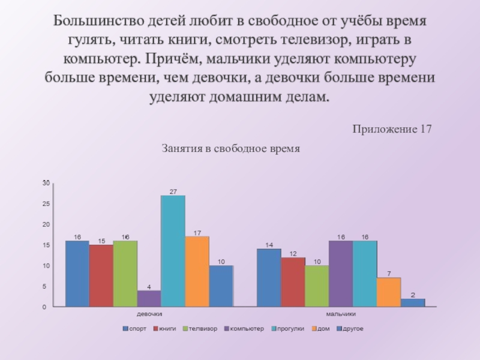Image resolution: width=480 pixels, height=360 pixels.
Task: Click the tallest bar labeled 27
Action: [173, 251]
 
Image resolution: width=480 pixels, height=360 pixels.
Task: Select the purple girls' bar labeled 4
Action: [149, 298]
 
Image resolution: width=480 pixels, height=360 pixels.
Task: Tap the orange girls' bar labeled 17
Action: [197, 271]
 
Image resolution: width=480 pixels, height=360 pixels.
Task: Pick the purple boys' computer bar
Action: [340, 274]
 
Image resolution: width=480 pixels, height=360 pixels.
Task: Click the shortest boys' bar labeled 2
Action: [413, 302]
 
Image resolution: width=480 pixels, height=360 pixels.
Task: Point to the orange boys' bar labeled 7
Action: [389, 292]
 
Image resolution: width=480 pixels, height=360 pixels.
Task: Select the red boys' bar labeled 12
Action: [293, 282]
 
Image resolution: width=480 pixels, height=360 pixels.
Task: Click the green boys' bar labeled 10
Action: [317, 286]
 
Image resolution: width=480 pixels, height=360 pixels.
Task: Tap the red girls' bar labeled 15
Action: [101, 275]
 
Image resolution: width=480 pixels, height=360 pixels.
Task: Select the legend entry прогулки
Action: [290, 329]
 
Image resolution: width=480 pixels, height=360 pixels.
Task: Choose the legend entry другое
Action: [353, 329]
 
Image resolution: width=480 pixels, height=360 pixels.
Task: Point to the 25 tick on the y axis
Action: [46, 203]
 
